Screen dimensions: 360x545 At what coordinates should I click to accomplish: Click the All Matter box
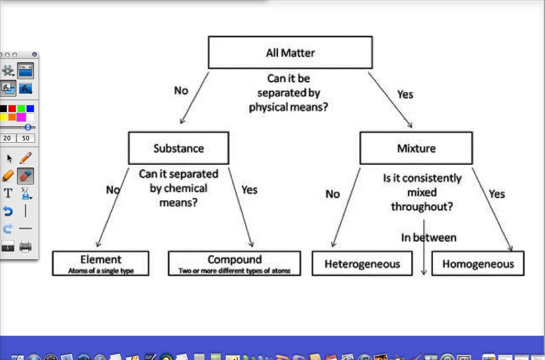[290, 53]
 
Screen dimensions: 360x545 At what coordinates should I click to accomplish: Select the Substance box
[178, 148]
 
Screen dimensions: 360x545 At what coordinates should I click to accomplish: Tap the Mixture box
[416, 148]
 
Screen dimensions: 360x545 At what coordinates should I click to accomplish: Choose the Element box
[100, 263]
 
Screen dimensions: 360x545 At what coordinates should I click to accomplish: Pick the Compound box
[235, 263]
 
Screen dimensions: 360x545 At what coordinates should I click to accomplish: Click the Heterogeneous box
[362, 264]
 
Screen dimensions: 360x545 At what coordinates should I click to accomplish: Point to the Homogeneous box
[478, 264]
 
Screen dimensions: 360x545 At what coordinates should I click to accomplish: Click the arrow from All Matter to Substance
[194, 97]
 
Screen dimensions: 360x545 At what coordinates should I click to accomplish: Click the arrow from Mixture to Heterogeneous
[346, 207]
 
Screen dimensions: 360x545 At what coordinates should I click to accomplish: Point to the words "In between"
[428, 238]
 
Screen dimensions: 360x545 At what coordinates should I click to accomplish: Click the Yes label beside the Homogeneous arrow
[496, 194]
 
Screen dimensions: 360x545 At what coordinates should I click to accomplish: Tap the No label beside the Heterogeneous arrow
[333, 194]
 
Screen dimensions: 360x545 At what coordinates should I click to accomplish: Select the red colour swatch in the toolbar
[12, 109]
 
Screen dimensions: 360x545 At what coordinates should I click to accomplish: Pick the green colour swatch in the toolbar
[21, 109]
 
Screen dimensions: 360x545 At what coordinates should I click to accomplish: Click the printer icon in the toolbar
[25, 246]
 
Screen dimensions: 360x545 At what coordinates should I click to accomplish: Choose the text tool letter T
[8, 194]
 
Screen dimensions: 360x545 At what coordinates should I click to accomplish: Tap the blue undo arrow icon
[8, 211]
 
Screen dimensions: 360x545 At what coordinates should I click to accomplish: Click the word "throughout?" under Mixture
[421, 207]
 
